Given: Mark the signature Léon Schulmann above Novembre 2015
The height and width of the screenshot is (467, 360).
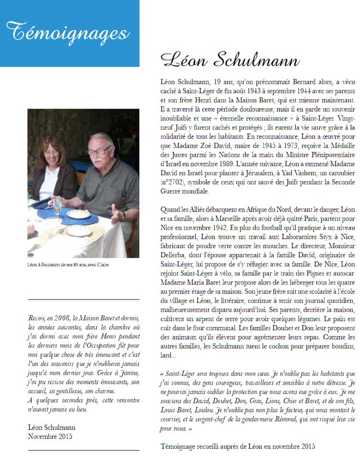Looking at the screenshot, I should (x=51, y=427).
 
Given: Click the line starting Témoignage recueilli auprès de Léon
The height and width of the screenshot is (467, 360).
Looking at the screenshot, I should (x=238, y=446).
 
